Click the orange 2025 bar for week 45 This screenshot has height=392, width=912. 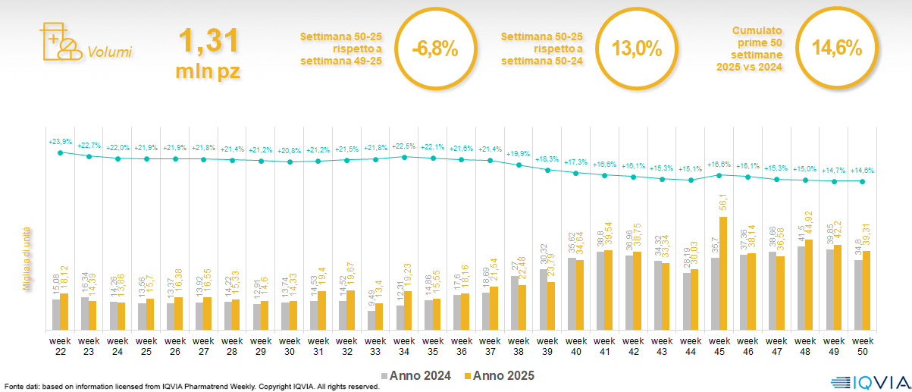(x=724, y=274)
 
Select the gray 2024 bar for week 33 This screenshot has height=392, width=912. (x=371, y=321)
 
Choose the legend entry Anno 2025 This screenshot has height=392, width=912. (x=500, y=375)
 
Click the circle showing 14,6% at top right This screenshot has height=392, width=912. (x=837, y=49)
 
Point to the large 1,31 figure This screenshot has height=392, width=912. (x=208, y=41)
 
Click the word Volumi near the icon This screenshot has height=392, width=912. (x=109, y=52)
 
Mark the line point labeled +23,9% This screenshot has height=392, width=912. (x=60, y=152)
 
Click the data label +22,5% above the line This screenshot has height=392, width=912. (x=405, y=147)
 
